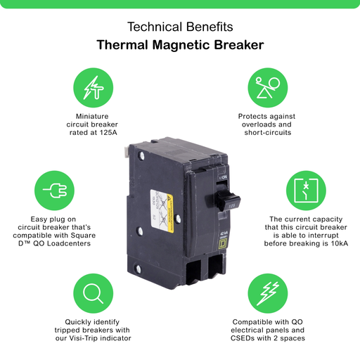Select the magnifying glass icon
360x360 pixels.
[x=92, y=294]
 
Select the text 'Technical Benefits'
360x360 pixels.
[x=179, y=27]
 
